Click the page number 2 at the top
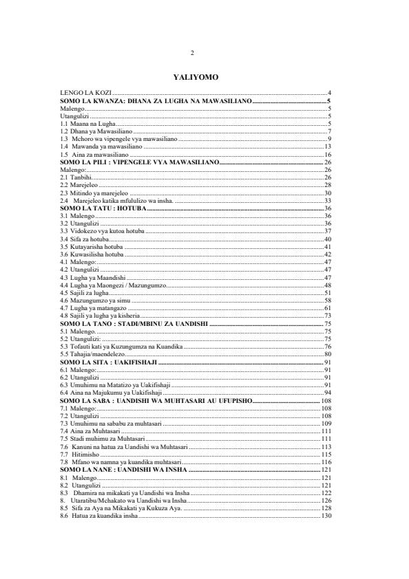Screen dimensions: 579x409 (x=193, y=53)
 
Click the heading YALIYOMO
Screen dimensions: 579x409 (x=196, y=77)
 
